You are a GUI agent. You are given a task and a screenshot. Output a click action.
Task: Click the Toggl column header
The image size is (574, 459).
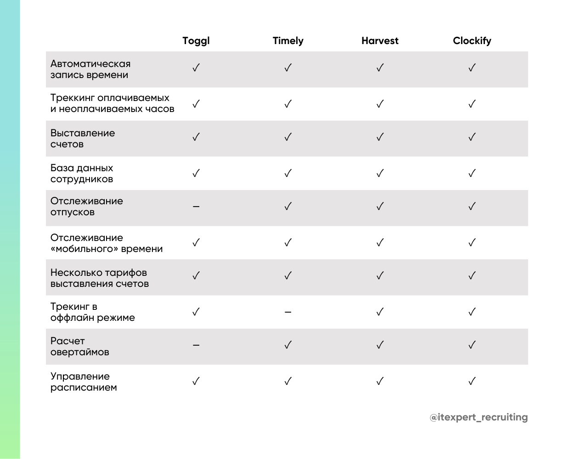pyautogui.click(x=196, y=41)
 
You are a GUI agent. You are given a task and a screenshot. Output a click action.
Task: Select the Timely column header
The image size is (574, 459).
pyautogui.click(x=288, y=41)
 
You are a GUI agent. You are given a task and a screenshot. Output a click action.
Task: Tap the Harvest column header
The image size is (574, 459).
pyautogui.click(x=380, y=41)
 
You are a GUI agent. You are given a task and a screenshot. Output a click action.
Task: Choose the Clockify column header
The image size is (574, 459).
pyautogui.click(x=472, y=41)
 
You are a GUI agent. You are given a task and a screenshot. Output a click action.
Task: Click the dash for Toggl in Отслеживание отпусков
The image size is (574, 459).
pyautogui.click(x=196, y=207)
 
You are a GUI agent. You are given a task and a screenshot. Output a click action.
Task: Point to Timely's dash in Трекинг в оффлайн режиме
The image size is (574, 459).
pyautogui.click(x=288, y=312)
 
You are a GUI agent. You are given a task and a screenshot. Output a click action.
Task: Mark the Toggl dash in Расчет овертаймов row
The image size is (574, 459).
pyautogui.click(x=196, y=345)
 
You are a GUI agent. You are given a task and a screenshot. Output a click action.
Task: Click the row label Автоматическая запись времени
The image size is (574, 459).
pyautogui.click(x=90, y=69)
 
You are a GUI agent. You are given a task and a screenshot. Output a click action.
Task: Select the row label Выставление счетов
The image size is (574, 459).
pyautogui.click(x=83, y=139)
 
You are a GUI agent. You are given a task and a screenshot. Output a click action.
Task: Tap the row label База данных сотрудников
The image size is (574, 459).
pyautogui.click(x=82, y=174)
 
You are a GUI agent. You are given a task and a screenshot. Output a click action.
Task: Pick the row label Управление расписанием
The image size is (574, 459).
pyautogui.click(x=84, y=382)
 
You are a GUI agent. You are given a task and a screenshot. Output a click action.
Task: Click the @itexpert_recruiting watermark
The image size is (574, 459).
pyautogui.click(x=478, y=417)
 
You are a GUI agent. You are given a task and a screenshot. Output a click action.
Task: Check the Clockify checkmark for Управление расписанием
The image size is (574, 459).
pyautogui.click(x=472, y=381)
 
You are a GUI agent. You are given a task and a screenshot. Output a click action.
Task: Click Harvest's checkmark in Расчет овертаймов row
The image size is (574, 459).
pyautogui.click(x=380, y=345)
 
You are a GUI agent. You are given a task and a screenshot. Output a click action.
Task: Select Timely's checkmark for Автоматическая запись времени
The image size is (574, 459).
pyautogui.click(x=288, y=68)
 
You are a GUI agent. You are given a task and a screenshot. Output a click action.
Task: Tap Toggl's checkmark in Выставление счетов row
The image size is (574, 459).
pyautogui.click(x=196, y=137)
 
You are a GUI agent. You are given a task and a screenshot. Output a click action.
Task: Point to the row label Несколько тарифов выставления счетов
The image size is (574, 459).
pyautogui.click(x=100, y=278)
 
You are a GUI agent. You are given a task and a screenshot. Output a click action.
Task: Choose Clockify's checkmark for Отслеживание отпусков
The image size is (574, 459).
pyautogui.click(x=472, y=206)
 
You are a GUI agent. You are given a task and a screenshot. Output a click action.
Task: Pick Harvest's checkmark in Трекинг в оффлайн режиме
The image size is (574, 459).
pyautogui.click(x=380, y=312)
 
